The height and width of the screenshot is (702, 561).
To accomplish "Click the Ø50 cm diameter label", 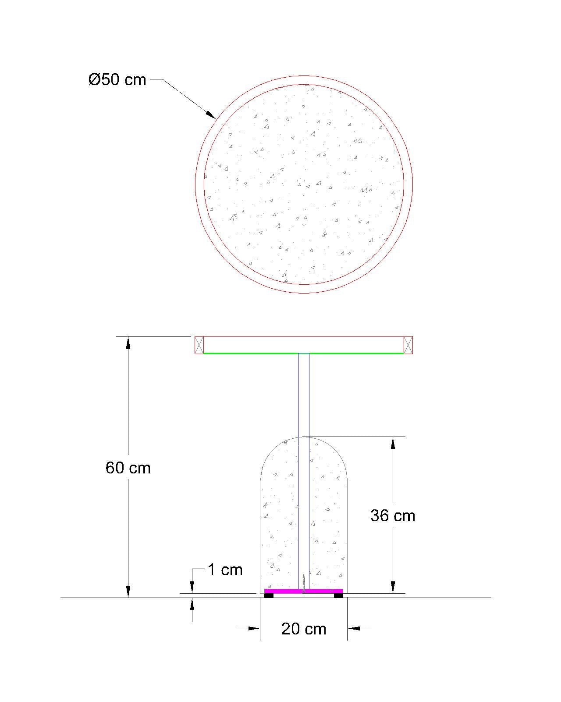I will click(x=117, y=80).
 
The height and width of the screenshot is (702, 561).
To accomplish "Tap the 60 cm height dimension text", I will click(x=128, y=468).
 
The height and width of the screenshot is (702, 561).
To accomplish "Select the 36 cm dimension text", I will click(x=393, y=516).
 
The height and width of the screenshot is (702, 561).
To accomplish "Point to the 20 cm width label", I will click(x=304, y=629).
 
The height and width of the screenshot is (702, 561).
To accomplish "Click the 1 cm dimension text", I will click(x=225, y=570).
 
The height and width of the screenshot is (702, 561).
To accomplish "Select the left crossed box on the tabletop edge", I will click(x=199, y=345).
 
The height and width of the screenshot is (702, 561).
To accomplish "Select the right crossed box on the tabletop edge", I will click(x=408, y=345).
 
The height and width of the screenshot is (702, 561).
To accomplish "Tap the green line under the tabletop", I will click(x=254, y=353).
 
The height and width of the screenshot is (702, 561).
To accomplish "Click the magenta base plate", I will click(x=285, y=591).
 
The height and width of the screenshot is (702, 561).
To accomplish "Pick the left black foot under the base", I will click(x=269, y=595).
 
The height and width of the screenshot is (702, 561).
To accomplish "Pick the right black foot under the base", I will click(x=338, y=595).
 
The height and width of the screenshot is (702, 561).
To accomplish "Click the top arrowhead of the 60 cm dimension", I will click(x=128, y=342).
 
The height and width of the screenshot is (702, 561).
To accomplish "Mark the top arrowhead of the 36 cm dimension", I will click(x=393, y=443).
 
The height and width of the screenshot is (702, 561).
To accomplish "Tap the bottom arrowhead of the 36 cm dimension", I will click(x=393, y=587).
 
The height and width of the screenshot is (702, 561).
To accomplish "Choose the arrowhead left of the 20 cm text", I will click(x=254, y=628).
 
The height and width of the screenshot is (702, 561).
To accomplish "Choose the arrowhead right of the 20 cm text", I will click(x=354, y=628).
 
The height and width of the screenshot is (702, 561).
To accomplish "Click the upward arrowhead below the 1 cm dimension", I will click(x=192, y=604).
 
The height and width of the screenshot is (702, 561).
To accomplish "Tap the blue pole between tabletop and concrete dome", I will click(x=303, y=395).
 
